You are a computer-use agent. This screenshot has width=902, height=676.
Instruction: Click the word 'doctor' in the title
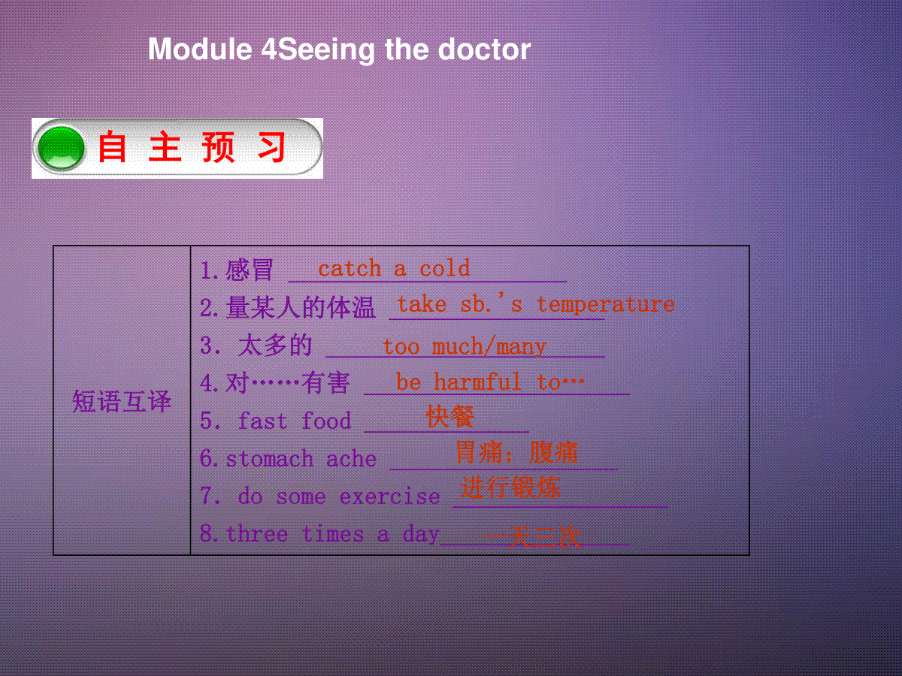coord(485,50)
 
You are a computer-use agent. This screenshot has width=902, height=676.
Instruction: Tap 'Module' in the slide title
coord(200,50)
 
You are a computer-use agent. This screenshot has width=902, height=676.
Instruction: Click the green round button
coord(61,148)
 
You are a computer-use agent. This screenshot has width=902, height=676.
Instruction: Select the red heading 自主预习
coord(192,147)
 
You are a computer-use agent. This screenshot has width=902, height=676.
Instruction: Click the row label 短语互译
coord(122,401)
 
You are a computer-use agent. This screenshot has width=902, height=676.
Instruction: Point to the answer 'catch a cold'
coord(394,268)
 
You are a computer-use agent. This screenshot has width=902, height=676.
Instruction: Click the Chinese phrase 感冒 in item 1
coord(249,270)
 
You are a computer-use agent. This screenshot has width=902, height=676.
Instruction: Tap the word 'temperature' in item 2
coord(606,304)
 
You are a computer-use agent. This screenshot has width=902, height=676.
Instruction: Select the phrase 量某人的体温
coord(301,307)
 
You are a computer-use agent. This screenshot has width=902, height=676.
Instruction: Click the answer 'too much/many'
coord(465,347)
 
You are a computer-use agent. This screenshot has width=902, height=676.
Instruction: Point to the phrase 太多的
coord(275,346)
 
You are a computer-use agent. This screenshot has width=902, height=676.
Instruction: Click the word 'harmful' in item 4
coord(478,382)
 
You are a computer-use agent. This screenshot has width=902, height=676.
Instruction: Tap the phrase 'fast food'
coord(295,421)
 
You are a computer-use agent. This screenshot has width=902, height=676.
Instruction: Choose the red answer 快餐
coord(450,416)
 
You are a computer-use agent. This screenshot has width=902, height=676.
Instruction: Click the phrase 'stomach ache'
coord(301,458)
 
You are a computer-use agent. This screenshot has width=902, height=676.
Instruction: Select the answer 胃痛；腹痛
coord(516,452)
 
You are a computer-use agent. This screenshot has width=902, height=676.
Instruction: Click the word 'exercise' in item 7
coord(389,496)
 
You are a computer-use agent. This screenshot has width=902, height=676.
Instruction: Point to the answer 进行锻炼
coord(510,487)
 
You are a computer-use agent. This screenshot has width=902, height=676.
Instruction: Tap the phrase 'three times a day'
coord(332,534)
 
